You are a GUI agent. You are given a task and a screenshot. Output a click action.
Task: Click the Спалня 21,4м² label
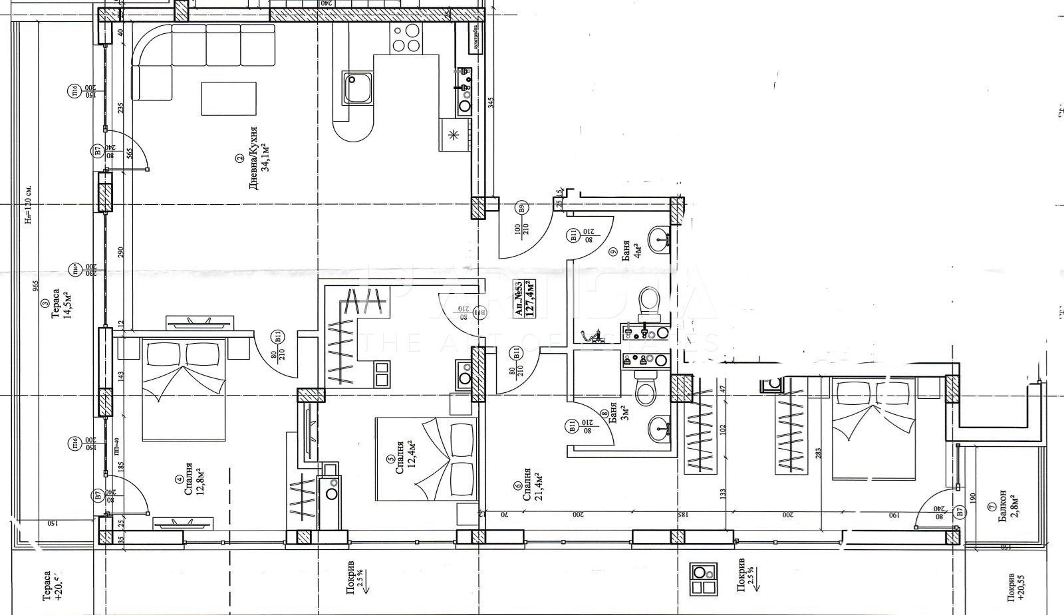(532, 484)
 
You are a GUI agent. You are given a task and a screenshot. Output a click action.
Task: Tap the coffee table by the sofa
(229, 99)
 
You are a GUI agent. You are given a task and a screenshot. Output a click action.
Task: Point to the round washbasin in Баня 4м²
(659, 238)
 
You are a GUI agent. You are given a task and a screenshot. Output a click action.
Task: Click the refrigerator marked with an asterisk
(454, 136)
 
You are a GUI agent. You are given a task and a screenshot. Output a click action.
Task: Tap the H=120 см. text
(29, 203)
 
